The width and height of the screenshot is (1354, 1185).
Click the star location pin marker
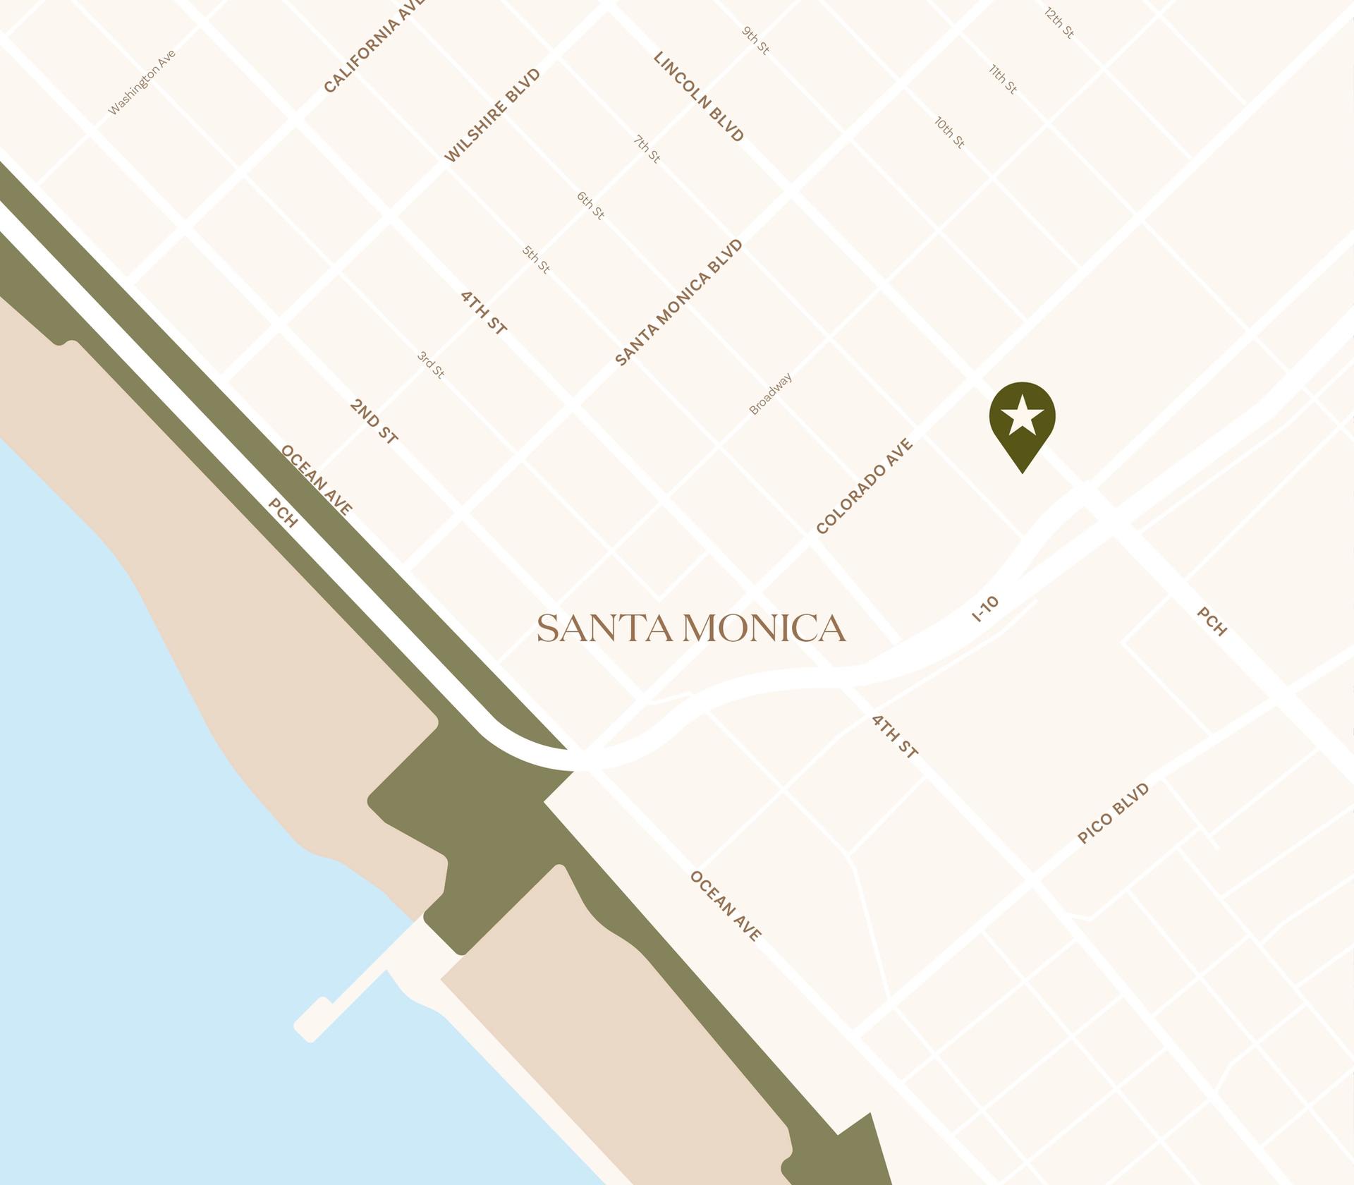[1022, 419]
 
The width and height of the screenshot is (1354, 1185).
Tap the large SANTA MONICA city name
[691, 628]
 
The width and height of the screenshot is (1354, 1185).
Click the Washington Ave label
[142, 83]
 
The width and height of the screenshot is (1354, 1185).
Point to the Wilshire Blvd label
[492, 116]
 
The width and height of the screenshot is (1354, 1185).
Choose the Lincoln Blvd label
[699, 97]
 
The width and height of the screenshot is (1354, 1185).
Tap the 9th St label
[755, 41]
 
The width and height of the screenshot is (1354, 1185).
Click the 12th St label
[1059, 23]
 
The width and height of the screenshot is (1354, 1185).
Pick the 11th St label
[1003, 79]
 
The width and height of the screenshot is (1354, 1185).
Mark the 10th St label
[949, 133]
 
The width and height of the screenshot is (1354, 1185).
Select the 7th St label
[647, 150]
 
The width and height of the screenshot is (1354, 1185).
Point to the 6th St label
[590, 205]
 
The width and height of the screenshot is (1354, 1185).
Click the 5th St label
[536, 260]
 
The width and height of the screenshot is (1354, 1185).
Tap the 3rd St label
[431, 365]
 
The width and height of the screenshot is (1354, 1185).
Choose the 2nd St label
[374, 422]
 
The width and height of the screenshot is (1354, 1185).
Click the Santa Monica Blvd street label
[679, 303]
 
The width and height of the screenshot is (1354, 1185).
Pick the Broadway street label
[770, 394]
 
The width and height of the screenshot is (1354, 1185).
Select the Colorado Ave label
[865, 486]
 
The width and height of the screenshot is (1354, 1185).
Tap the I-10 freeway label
[985, 609]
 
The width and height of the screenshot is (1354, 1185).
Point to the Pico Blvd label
[1114, 813]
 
